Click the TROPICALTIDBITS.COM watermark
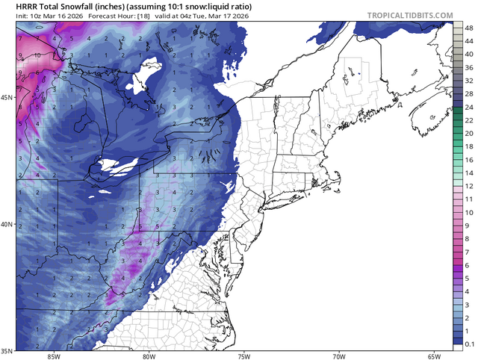(410, 15)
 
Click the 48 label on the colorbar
(468, 27)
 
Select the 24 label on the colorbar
(468, 108)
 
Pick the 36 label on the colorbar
(468, 68)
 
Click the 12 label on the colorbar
(468, 185)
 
